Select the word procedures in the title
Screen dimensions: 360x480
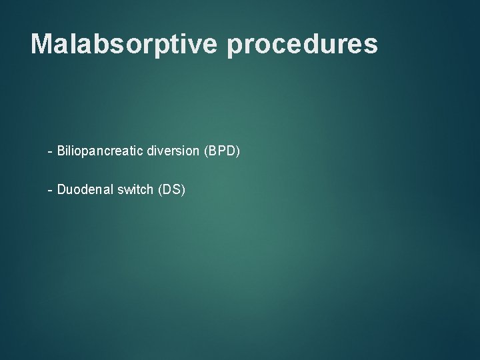[x=303, y=44]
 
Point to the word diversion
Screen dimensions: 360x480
[x=170, y=151]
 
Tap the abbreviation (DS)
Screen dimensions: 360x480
[x=171, y=190]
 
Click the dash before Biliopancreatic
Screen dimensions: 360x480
[x=50, y=152]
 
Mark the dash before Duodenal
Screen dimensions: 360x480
[x=50, y=191]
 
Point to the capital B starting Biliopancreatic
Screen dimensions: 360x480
[x=61, y=151]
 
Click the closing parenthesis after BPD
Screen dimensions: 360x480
[x=237, y=151]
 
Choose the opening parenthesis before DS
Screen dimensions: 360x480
[x=159, y=190]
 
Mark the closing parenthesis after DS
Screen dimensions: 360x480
[x=183, y=190]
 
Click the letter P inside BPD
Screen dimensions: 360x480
[x=221, y=151]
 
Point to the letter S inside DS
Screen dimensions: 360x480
[x=176, y=190]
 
